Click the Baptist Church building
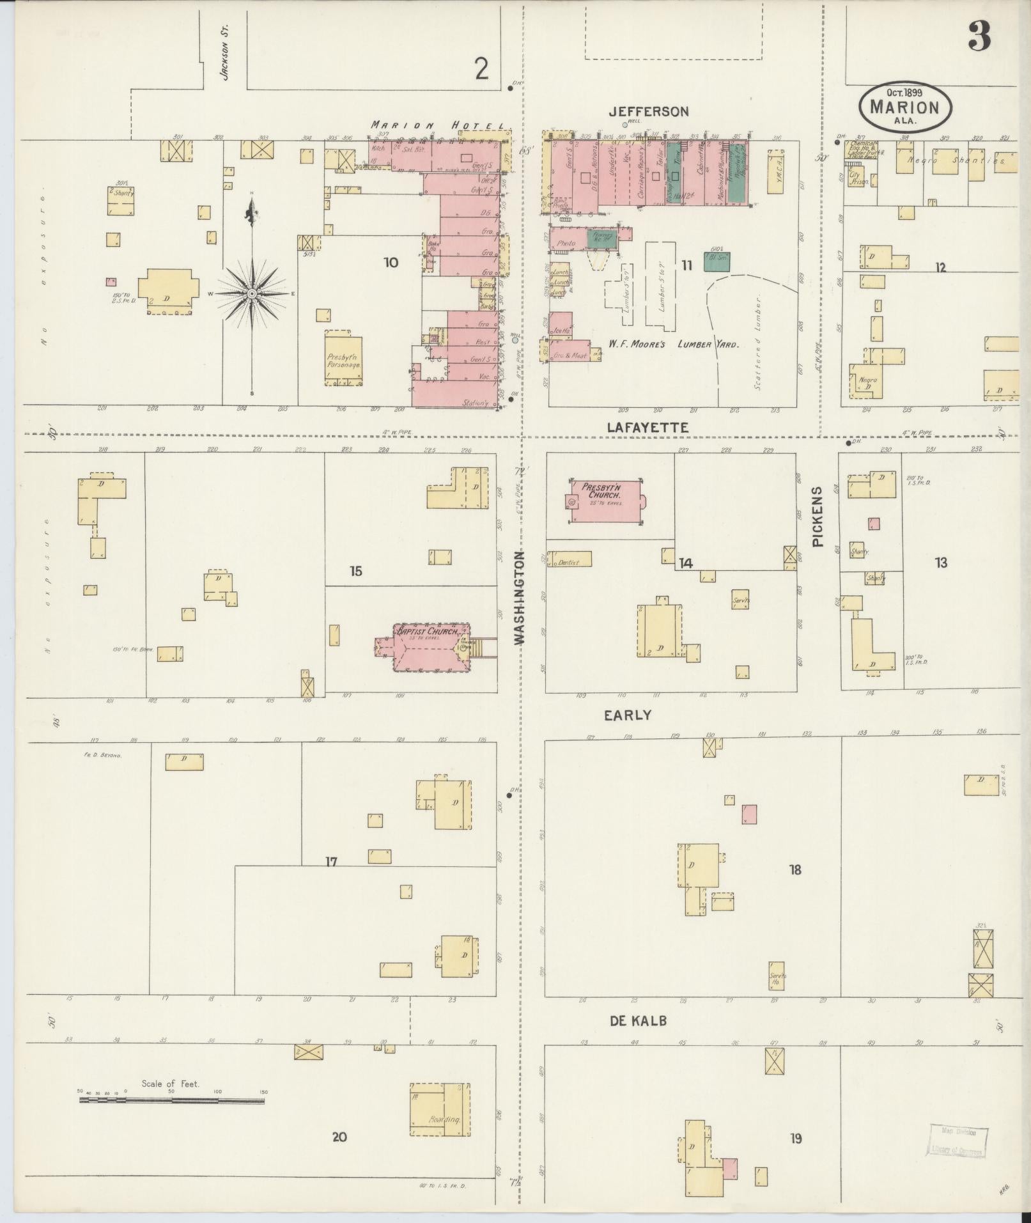click(x=427, y=648)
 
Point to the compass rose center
click(x=252, y=293)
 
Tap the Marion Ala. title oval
click(x=904, y=107)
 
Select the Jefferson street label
click(x=648, y=112)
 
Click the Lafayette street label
click(x=647, y=428)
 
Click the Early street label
click(x=628, y=715)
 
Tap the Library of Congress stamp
click(x=956, y=1142)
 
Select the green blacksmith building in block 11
click(x=717, y=261)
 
